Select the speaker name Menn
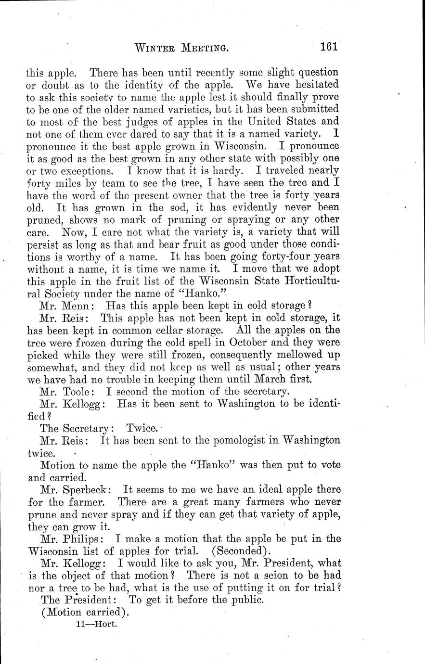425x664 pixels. pyautogui.click(x=81, y=306)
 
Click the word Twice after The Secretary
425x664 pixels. pyautogui.click(x=142, y=428)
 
